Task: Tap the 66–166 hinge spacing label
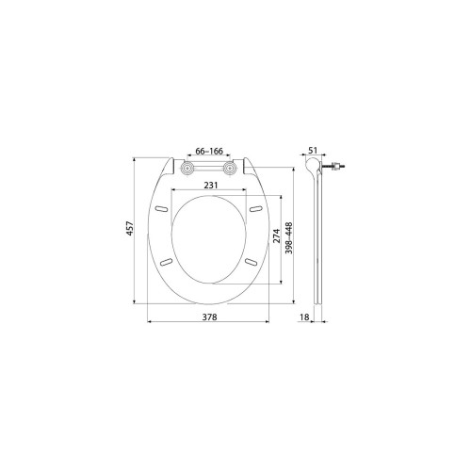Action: point(209,152)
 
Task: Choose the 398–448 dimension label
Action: point(291,237)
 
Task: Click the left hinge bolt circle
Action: point(187,168)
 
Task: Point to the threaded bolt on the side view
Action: point(336,168)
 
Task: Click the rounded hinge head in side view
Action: point(317,168)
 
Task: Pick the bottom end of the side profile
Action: point(323,300)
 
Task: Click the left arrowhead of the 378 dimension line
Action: point(152,327)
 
